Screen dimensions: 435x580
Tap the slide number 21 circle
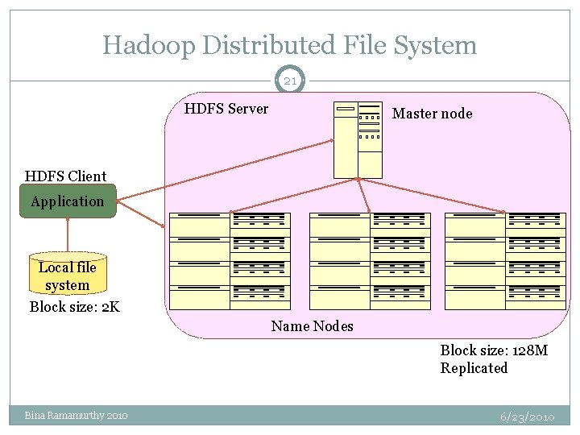290,81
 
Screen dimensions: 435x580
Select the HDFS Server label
226,109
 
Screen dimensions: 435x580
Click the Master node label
432,114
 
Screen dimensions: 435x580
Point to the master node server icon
358,140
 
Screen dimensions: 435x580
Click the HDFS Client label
65,176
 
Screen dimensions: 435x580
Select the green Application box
68,201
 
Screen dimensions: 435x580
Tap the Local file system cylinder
67,276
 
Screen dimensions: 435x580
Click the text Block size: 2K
74,307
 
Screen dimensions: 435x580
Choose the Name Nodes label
312,326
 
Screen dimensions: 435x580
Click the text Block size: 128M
494,350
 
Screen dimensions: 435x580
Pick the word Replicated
474,368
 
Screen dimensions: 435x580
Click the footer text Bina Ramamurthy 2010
76,416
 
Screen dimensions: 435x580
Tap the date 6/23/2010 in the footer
527,416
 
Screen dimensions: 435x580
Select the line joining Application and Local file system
68,235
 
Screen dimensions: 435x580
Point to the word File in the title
361,45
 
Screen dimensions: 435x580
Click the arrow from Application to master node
226,168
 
